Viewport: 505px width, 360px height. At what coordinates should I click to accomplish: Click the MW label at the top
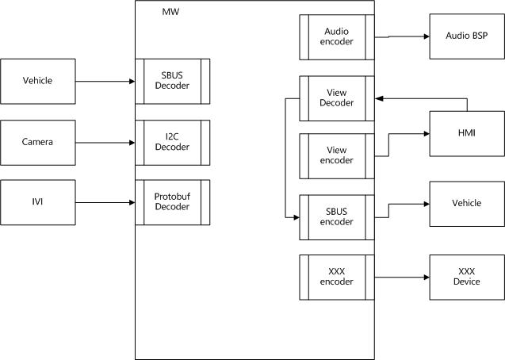coord(170,13)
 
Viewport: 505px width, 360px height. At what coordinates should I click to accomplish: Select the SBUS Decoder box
coord(173,81)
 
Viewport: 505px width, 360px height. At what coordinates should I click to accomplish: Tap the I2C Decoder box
coord(173,142)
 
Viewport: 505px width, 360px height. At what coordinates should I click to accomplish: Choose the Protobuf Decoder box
coord(173,202)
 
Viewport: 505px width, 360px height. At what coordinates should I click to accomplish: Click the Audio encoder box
coord(337,36)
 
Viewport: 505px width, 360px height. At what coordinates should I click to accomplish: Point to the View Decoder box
coord(337,98)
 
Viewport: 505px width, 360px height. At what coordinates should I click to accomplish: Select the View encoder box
coord(337,155)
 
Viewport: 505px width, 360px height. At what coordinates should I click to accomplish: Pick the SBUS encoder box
coord(337,216)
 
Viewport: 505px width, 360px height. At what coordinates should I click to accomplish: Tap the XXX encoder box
coord(337,277)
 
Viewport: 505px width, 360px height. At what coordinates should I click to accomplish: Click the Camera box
coord(38,142)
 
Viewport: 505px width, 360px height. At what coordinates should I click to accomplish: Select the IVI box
coord(38,202)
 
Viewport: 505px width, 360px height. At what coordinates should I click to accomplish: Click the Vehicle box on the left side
coord(38,81)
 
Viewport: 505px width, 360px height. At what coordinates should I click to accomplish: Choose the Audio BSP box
coord(467,36)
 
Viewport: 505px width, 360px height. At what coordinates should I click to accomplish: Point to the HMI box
coord(467,134)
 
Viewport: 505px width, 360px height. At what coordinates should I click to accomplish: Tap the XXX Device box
coord(467,277)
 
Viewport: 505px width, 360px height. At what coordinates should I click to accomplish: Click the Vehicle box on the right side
coord(467,204)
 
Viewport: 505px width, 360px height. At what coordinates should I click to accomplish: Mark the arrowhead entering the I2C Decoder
coord(132,142)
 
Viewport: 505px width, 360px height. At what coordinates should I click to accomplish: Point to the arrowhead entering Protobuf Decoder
coord(132,202)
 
